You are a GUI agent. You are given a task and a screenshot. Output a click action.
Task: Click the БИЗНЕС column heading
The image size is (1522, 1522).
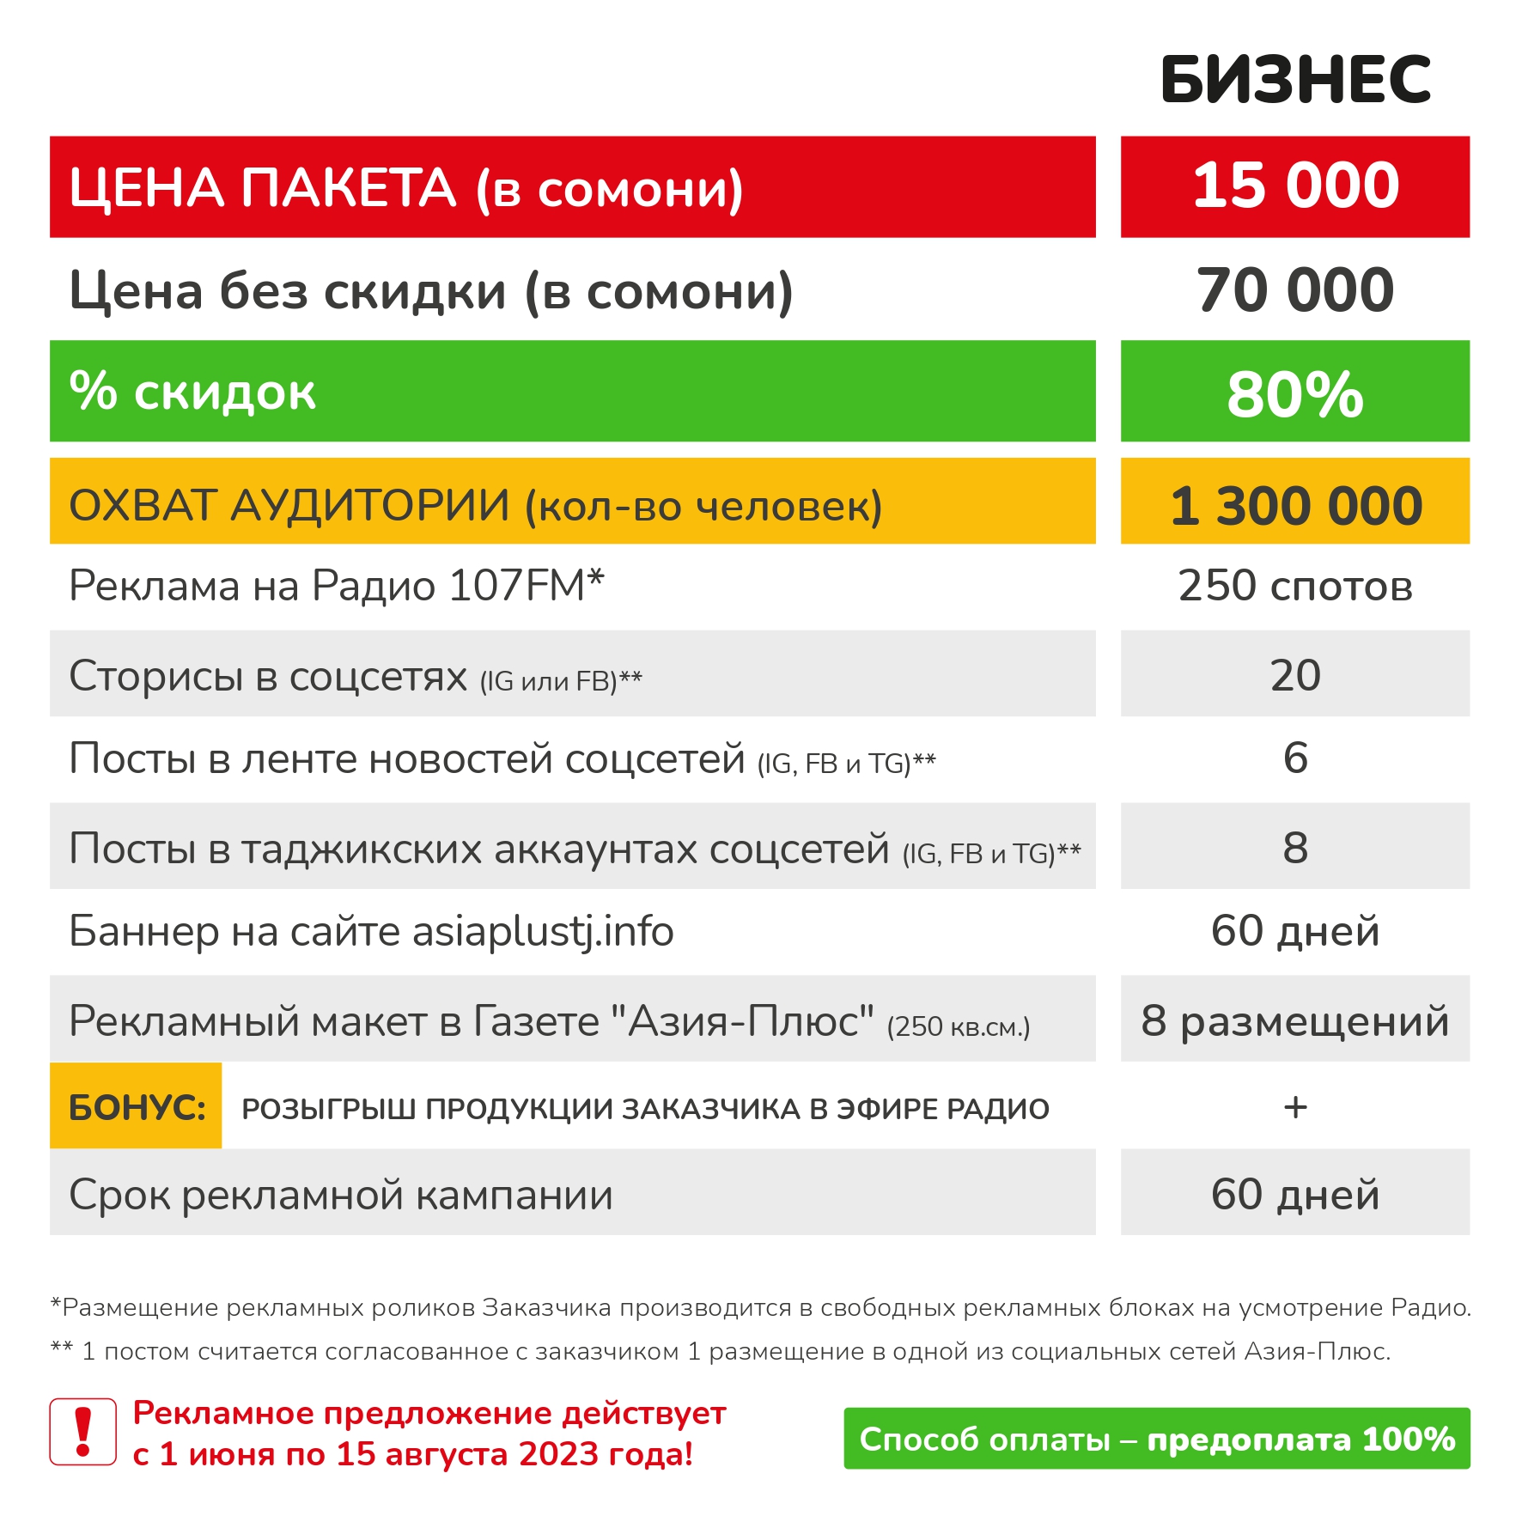tap(1294, 80)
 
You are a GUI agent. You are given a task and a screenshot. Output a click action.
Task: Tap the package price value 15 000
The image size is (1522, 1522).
tap(1294, 186)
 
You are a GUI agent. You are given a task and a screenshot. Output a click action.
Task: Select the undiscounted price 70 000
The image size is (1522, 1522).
tap(1294, 290)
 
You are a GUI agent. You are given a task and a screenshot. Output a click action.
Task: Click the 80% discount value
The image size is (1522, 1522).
tap(1294, 393)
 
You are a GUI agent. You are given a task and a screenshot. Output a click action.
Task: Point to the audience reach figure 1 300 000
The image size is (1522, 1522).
tap(1294, 504)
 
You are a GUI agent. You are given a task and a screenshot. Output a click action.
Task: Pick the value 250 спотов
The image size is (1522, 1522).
tap(1294, 587)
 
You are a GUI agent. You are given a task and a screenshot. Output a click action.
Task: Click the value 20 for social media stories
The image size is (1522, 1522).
tap(1294, 675)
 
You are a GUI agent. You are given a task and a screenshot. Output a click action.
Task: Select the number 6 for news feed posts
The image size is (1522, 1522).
tap(1294, 758)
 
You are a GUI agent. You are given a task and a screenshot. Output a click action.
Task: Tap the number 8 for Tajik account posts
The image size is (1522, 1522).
tap(1294, 848)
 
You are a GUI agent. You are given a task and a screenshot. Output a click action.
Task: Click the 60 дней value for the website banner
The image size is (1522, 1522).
tap(1294, 931)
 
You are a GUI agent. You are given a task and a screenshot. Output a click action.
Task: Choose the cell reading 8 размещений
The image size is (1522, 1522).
tap(1294, 1021)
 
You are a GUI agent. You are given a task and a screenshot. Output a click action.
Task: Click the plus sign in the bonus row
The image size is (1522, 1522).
tap(1294, 1108)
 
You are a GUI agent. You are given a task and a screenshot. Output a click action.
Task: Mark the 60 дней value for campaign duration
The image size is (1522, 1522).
tap(1294, 1195)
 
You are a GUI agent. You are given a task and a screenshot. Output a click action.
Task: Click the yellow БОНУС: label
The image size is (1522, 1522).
tap(137, 1108)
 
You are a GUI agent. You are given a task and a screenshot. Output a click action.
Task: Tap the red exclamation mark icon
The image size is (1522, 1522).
tap(83, 1432)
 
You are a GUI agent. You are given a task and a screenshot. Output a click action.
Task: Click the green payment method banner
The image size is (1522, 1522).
tap(1156, 1439)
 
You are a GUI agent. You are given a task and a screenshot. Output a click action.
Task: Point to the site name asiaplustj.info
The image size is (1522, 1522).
tap(543, 932)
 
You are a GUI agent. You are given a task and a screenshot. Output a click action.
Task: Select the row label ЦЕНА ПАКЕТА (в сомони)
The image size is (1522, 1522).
tap(405, 188)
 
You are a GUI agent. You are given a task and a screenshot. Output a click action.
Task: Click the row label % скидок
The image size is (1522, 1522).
tap(192, 393)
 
